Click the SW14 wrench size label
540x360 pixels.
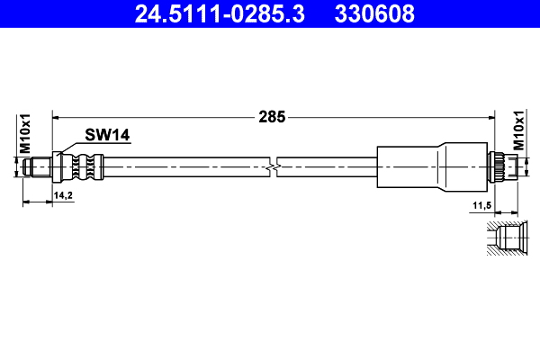[x=108, y=135]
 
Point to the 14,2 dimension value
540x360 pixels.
[x=64, y=194]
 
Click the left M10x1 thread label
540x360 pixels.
[x=25, y=134]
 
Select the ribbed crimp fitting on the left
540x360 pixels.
[x=81, y=166]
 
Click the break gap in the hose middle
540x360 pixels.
[x=274, y=166]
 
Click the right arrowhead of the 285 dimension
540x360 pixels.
[x=492, y=116]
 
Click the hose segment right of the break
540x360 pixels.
[x=324, y=166]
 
